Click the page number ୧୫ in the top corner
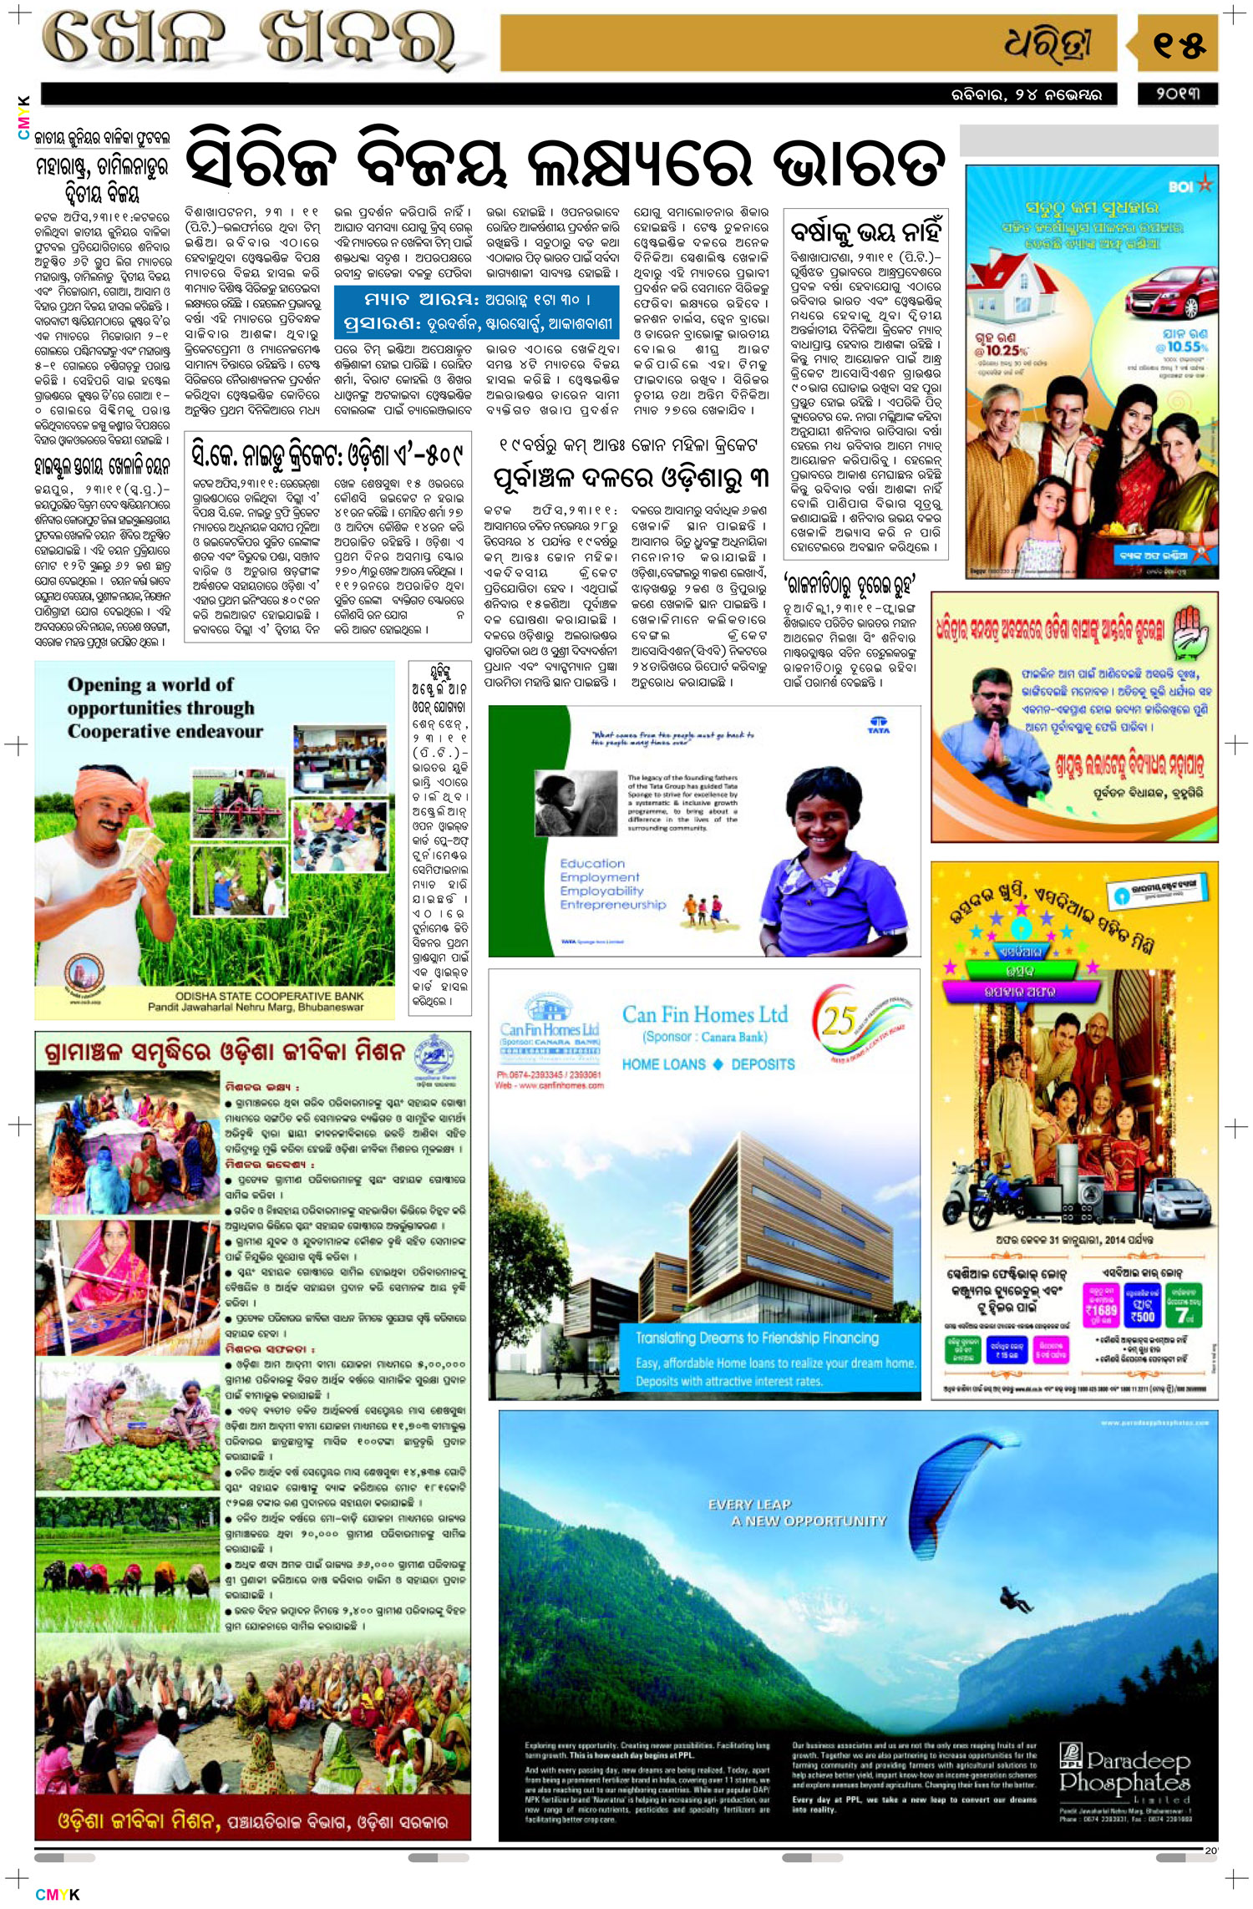point(1179,44)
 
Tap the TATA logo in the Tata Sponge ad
point(879,724)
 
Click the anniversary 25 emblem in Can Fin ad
point(844,1021)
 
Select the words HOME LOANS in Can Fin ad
point(663,1064)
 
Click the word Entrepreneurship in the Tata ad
point(613,905)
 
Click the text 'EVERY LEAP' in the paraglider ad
point(749,1505)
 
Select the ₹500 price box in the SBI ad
point(1142,1310)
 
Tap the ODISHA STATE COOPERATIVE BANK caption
point(269,996)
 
